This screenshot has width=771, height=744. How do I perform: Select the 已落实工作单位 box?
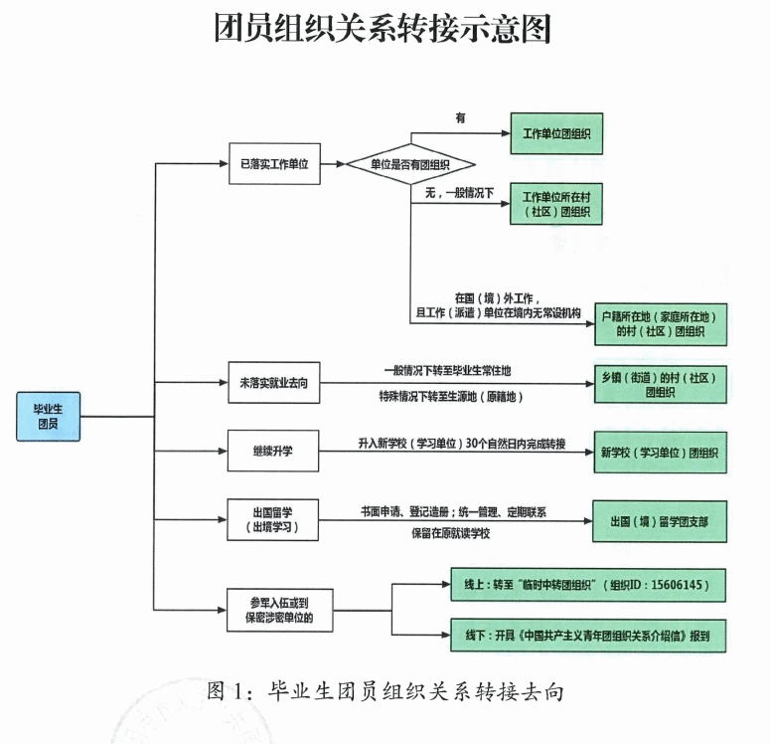pos(274,164)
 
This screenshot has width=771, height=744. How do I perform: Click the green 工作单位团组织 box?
pos(556,131)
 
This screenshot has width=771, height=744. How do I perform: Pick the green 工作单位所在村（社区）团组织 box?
pos(556,203)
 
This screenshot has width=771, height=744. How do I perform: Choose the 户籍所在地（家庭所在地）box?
pos(659,323)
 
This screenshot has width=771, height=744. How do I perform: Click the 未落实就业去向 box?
pos(274,382)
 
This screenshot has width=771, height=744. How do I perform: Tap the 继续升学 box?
pos(274,450)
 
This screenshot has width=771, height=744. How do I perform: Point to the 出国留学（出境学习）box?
pos(274,518)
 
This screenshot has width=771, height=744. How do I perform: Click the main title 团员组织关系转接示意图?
pos(385,30)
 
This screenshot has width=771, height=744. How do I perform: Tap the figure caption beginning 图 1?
pos(386,689)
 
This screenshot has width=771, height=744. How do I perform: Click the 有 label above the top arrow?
pos(460,117)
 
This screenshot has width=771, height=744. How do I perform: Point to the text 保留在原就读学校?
pos(452,534)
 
